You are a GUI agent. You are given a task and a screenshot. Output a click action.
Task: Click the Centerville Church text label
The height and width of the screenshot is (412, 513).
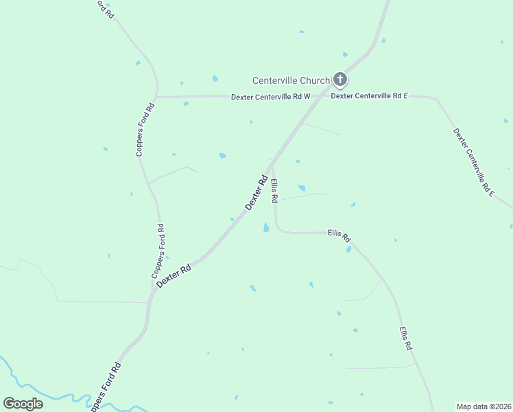291,80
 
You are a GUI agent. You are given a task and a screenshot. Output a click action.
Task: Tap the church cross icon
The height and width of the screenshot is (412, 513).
339,80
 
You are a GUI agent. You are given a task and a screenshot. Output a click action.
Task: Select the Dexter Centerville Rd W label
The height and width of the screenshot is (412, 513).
270,97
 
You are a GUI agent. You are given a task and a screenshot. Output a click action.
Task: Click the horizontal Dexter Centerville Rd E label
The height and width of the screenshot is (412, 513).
370,96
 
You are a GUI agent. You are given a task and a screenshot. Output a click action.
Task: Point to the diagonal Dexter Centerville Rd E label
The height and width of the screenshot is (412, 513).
474,163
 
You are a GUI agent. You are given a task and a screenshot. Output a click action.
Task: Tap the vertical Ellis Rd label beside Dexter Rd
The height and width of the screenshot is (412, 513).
274,190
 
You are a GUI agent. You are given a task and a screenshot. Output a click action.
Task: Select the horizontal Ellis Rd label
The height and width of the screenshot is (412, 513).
339,235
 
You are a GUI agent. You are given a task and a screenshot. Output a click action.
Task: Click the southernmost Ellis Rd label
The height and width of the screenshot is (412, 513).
406,339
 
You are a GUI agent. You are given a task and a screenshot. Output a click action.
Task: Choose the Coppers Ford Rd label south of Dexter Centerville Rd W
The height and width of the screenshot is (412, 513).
145,130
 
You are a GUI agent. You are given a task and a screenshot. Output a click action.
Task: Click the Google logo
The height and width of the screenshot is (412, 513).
23,404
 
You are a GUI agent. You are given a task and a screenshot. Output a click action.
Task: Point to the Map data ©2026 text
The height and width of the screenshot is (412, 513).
484,407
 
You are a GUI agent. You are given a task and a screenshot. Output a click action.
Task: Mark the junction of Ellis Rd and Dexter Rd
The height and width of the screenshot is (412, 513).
270,164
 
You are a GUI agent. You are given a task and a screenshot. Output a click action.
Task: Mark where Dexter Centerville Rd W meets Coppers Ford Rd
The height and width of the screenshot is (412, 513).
156,98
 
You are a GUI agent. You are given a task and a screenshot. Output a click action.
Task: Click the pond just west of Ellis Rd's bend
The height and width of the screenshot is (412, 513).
266,227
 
